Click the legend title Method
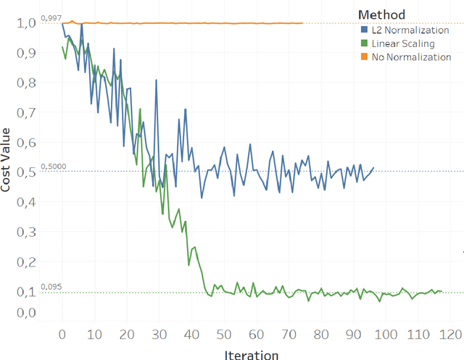pyautogui.click(x=381, y=14)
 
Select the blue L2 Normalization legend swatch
pyautogui.click(x=364, y=30)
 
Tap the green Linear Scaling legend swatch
pyautogui.click(x=364, y=43)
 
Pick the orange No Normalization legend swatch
pyautogui.click(x=364, y=57)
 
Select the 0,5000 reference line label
pyautogui.click(x=52, y=166)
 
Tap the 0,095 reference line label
pyautogui.click(x=51, y=287)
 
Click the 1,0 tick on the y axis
pyautogui.click(x=25, y=23)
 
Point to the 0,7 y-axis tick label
pyautogui.click(x=25, y=112)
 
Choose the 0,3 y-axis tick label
pyautogui.click(x=25, y=232)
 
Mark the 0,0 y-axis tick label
pyautogui.click(x=25, y=313)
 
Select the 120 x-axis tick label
pyautogui.click(x=451, y=335)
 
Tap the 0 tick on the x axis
pyautogui.click(x=62, y=335)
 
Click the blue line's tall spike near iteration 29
pyautogui.click(x=156, y=80)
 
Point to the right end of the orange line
pyautogui.click(x=302, y=23)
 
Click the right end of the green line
pyautogui.click(x=442, y=291)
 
